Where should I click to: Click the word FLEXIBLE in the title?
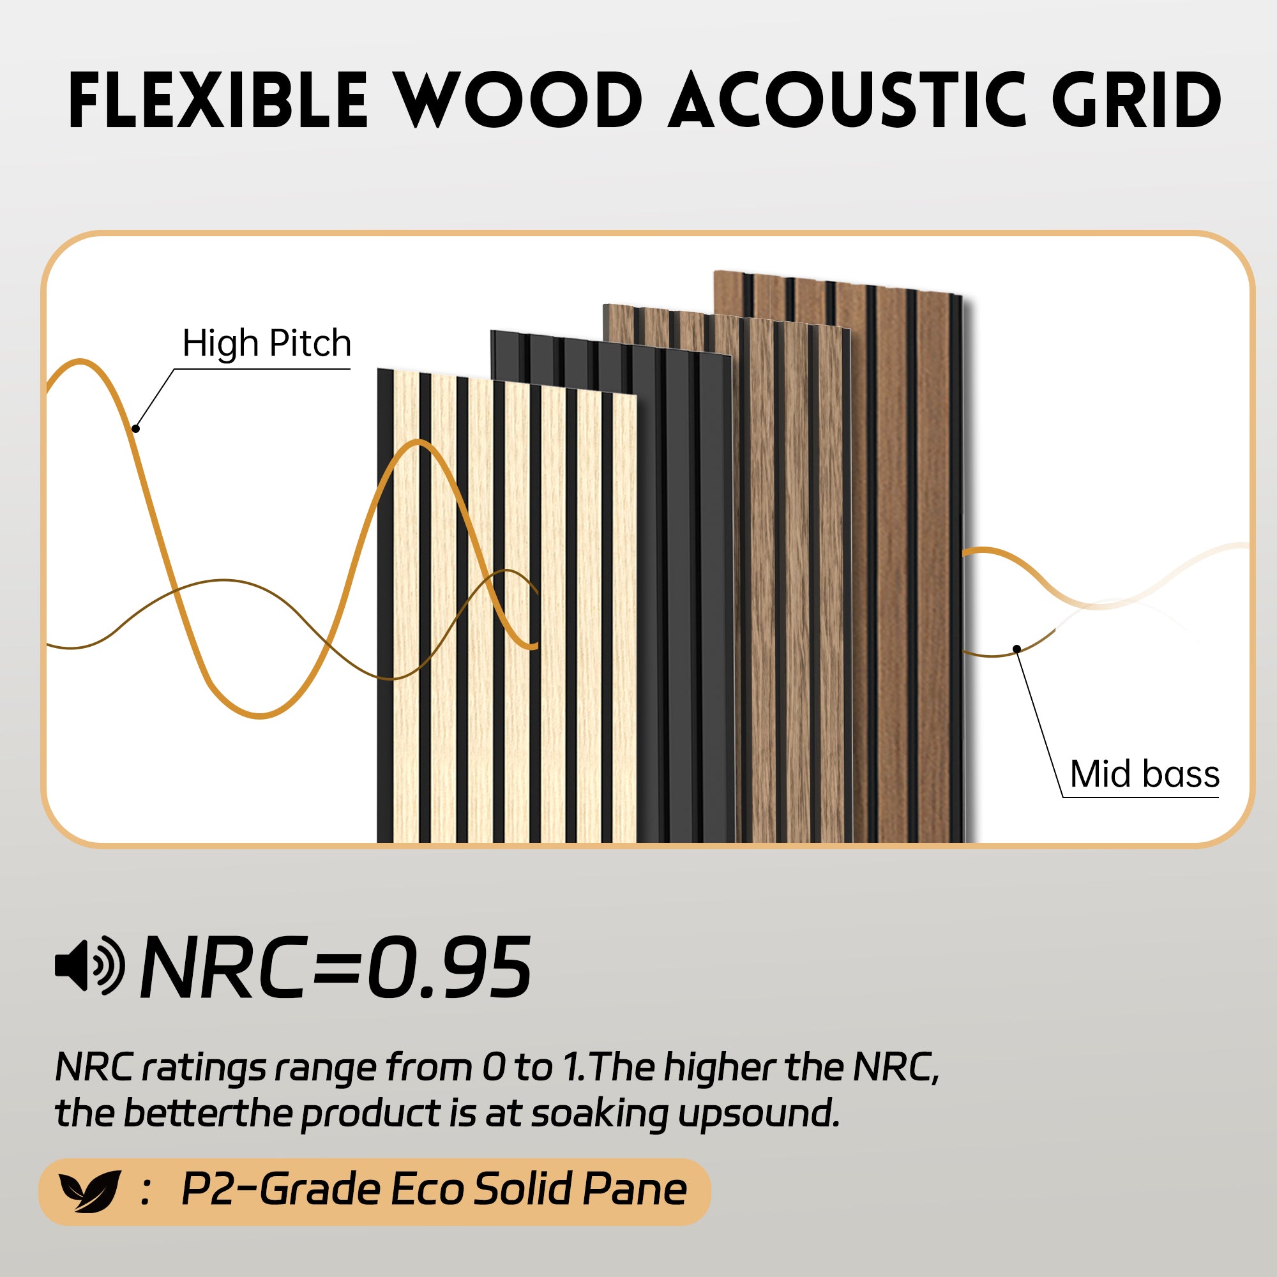click(x=218, y=100)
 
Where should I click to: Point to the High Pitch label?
click(x=266, y=343)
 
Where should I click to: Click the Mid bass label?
click(x=1145, y=774)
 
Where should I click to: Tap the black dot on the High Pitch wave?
click(x=135, y=429)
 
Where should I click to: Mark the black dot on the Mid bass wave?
click(x=1016, y=649)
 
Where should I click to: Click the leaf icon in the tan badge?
click(x=90, y=1191)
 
